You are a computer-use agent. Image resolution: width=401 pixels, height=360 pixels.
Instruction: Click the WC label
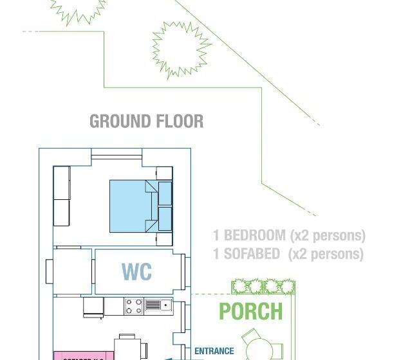click(x=136, y=271)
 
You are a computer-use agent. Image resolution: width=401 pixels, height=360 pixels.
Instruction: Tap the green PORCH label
click(x=250, y=312)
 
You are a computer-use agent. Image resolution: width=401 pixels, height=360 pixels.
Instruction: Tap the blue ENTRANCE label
click(x=214, y=352)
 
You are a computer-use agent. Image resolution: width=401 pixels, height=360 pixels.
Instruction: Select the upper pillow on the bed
click(x=165, y=192)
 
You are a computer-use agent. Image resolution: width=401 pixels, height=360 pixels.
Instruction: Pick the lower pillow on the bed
click(x=165, y=219)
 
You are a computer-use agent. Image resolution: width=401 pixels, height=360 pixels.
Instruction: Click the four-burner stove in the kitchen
click(x=133, y=307)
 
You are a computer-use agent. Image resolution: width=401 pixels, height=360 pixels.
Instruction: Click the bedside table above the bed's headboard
click(x=164, y=173)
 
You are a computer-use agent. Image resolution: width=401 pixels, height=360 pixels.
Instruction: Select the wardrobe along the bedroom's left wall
click(x=61, y=196)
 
